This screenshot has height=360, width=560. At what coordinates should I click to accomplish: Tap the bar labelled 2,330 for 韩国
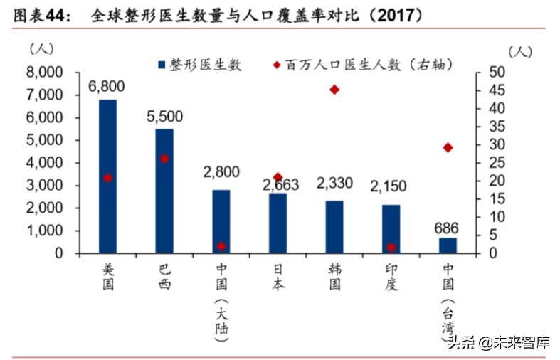pos(334,227)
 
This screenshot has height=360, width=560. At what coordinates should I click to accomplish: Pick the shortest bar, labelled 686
pos(448,245)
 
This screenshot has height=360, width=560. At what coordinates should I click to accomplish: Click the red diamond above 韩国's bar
pos(334,90)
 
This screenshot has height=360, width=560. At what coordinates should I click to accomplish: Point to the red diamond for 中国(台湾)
pos(448,147)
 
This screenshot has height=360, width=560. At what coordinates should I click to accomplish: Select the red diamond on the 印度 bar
pos(391,248)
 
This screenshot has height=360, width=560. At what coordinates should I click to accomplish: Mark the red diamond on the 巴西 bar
pos(164,159)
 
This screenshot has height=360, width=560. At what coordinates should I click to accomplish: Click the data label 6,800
pos(107,86)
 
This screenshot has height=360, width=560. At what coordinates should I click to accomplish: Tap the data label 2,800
pos(221,171)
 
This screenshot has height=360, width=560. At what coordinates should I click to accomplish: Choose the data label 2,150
pos(389,186)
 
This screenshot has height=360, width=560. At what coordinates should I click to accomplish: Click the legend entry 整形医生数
pos(199,65)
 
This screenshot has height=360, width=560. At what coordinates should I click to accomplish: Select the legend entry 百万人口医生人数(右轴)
pos(363,65)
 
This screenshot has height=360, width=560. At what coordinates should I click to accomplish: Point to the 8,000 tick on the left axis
pos(43,73)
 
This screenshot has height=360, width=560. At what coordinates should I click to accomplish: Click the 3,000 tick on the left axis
pos(43,186)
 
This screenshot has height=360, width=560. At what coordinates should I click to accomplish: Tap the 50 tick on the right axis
pos(497,73)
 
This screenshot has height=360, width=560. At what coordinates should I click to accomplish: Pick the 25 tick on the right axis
pos(497,163)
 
